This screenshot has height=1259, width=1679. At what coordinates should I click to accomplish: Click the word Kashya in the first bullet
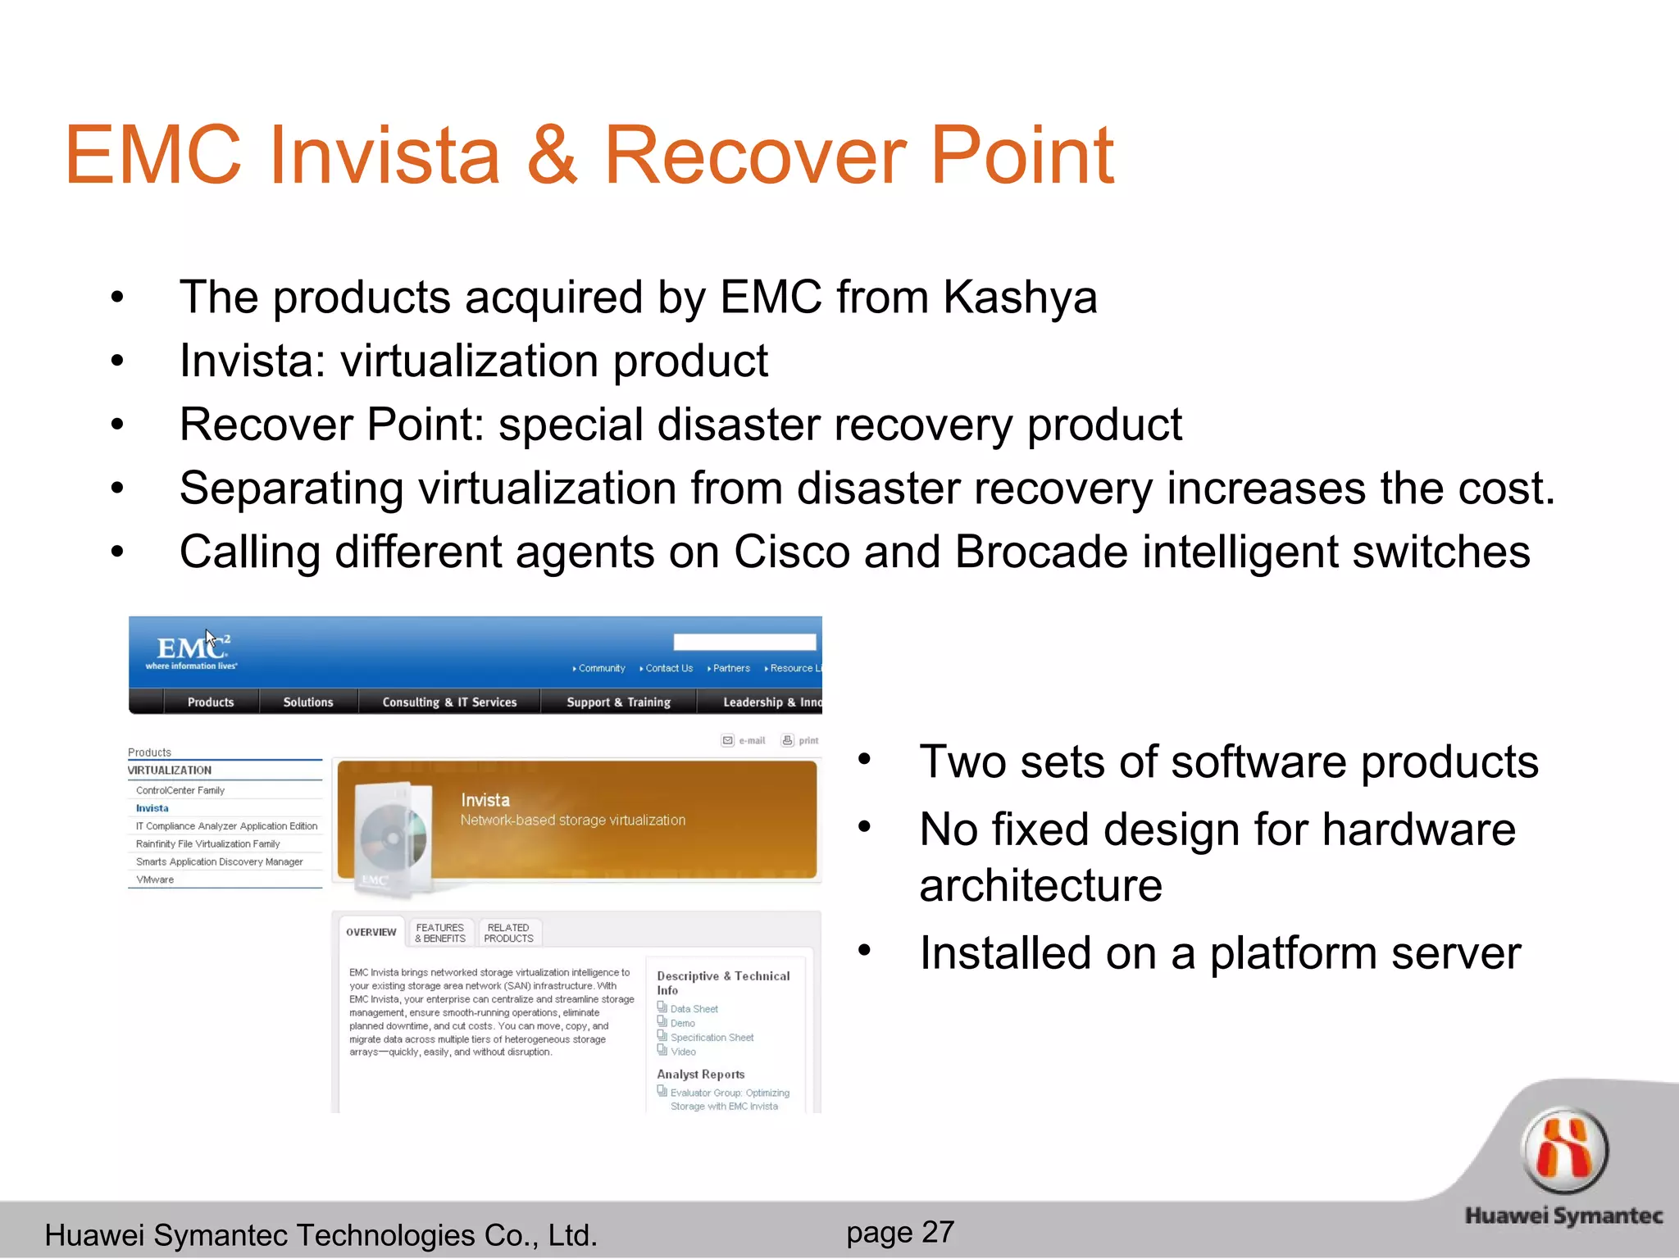[x=1019, y=297]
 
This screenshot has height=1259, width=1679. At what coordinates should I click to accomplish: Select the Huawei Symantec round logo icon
[x=1564, y=1152]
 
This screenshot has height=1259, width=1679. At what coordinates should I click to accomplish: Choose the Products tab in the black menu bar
[x=211, y=702]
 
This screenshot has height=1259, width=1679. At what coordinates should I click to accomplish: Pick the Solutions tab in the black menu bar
[x=308, y=702]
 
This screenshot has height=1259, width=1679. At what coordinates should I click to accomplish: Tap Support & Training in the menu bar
[x=618, y=702]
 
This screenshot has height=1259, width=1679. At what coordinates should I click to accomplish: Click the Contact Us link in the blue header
[x=668, y=669]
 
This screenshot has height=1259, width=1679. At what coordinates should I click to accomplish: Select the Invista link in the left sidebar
[x=152, y=808]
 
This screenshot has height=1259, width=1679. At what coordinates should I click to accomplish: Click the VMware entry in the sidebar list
[x=155, y=879]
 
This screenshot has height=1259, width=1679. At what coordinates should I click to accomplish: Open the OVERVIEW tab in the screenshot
[x=371, y=932]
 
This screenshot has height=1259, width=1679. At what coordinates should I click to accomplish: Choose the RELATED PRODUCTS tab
[x=508, y=933]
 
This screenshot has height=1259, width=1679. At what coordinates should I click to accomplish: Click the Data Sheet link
[x=694, y=1009]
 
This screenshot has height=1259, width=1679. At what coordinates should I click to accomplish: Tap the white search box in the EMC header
[x=744, y=642]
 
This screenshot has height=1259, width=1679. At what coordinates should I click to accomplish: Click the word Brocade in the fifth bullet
[x=1041, y=552]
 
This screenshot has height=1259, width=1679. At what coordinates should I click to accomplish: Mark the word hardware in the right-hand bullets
[x=1418, y=829]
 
